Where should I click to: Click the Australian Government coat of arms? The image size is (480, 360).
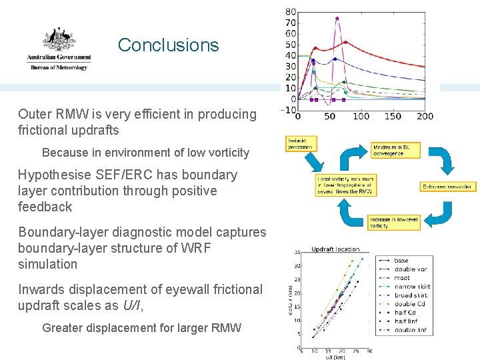[58, 41]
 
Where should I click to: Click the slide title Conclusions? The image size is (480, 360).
[168, 45]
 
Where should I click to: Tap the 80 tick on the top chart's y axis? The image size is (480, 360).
[291, 12]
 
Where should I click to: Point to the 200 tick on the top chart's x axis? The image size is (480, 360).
[425, 116]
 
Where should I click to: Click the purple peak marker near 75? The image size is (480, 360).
[337, 19]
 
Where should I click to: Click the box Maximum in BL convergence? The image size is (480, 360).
[397, 151]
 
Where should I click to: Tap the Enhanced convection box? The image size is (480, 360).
[448, 187]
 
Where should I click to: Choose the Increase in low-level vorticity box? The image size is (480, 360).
[394, 223]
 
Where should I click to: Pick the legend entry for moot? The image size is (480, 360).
[402, 278]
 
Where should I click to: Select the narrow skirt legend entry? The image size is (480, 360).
[411, 287]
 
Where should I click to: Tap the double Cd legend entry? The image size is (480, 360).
[409, 304]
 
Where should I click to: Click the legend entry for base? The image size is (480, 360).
[401, 261]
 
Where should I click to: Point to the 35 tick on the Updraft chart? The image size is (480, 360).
[297, 252]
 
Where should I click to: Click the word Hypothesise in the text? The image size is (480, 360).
[55, 175]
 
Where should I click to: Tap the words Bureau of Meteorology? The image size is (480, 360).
[58, 67]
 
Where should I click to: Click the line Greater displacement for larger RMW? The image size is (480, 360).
[141, 327]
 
